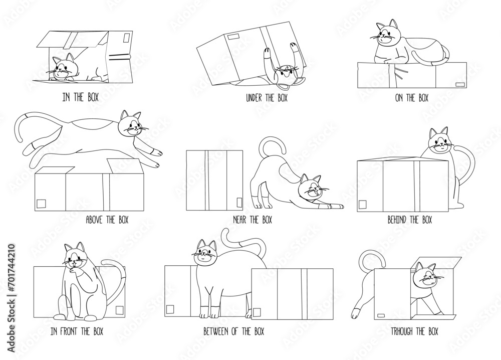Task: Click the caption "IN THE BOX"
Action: [x=81, y=97]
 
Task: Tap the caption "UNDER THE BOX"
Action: [x=267, y=98]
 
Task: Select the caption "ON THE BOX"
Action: [x=411, y=97]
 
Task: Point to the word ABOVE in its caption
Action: [x=95, y=220]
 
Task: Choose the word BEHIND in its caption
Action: [x=397, y=220]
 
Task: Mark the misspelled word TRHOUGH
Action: [x=402, y=331]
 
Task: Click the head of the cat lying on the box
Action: [x=387, y=34]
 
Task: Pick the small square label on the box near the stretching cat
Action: [x=239, y=203]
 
